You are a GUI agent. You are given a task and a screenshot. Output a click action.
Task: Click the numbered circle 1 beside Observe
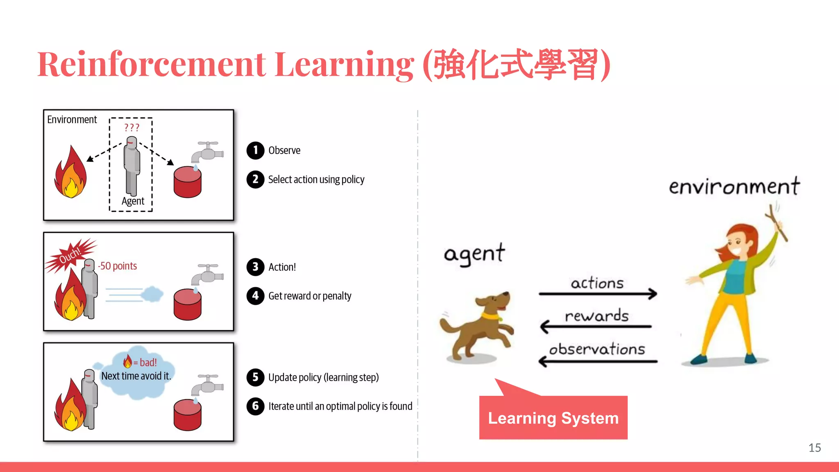pos(255,150)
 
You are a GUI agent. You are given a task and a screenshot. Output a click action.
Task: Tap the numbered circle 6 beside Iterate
pos(255,406)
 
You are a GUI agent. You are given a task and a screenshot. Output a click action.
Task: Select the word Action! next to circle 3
pos(282,267)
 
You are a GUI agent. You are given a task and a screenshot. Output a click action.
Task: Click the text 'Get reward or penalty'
pos(310,296)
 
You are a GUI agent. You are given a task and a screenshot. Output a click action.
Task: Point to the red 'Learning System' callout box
pos(553,418)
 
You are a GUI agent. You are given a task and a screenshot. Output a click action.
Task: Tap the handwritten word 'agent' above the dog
pos(474,254)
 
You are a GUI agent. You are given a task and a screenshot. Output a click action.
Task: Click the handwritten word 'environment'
pos(734,187)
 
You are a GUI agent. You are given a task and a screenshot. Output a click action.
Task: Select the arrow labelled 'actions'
pos(598,293)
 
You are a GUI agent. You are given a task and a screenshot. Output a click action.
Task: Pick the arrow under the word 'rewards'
pos(596,327)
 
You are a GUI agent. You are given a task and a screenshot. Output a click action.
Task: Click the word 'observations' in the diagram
pos(597,349)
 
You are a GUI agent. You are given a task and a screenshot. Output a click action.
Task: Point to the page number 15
pos(814,448)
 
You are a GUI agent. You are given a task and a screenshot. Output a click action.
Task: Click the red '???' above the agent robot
pos(132,127)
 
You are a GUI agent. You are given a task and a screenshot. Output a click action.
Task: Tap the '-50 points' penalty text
pos(118,266)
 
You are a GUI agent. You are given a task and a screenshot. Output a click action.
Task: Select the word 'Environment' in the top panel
pos(72,120)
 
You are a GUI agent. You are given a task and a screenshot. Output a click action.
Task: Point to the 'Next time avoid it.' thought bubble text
pos(136,376)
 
